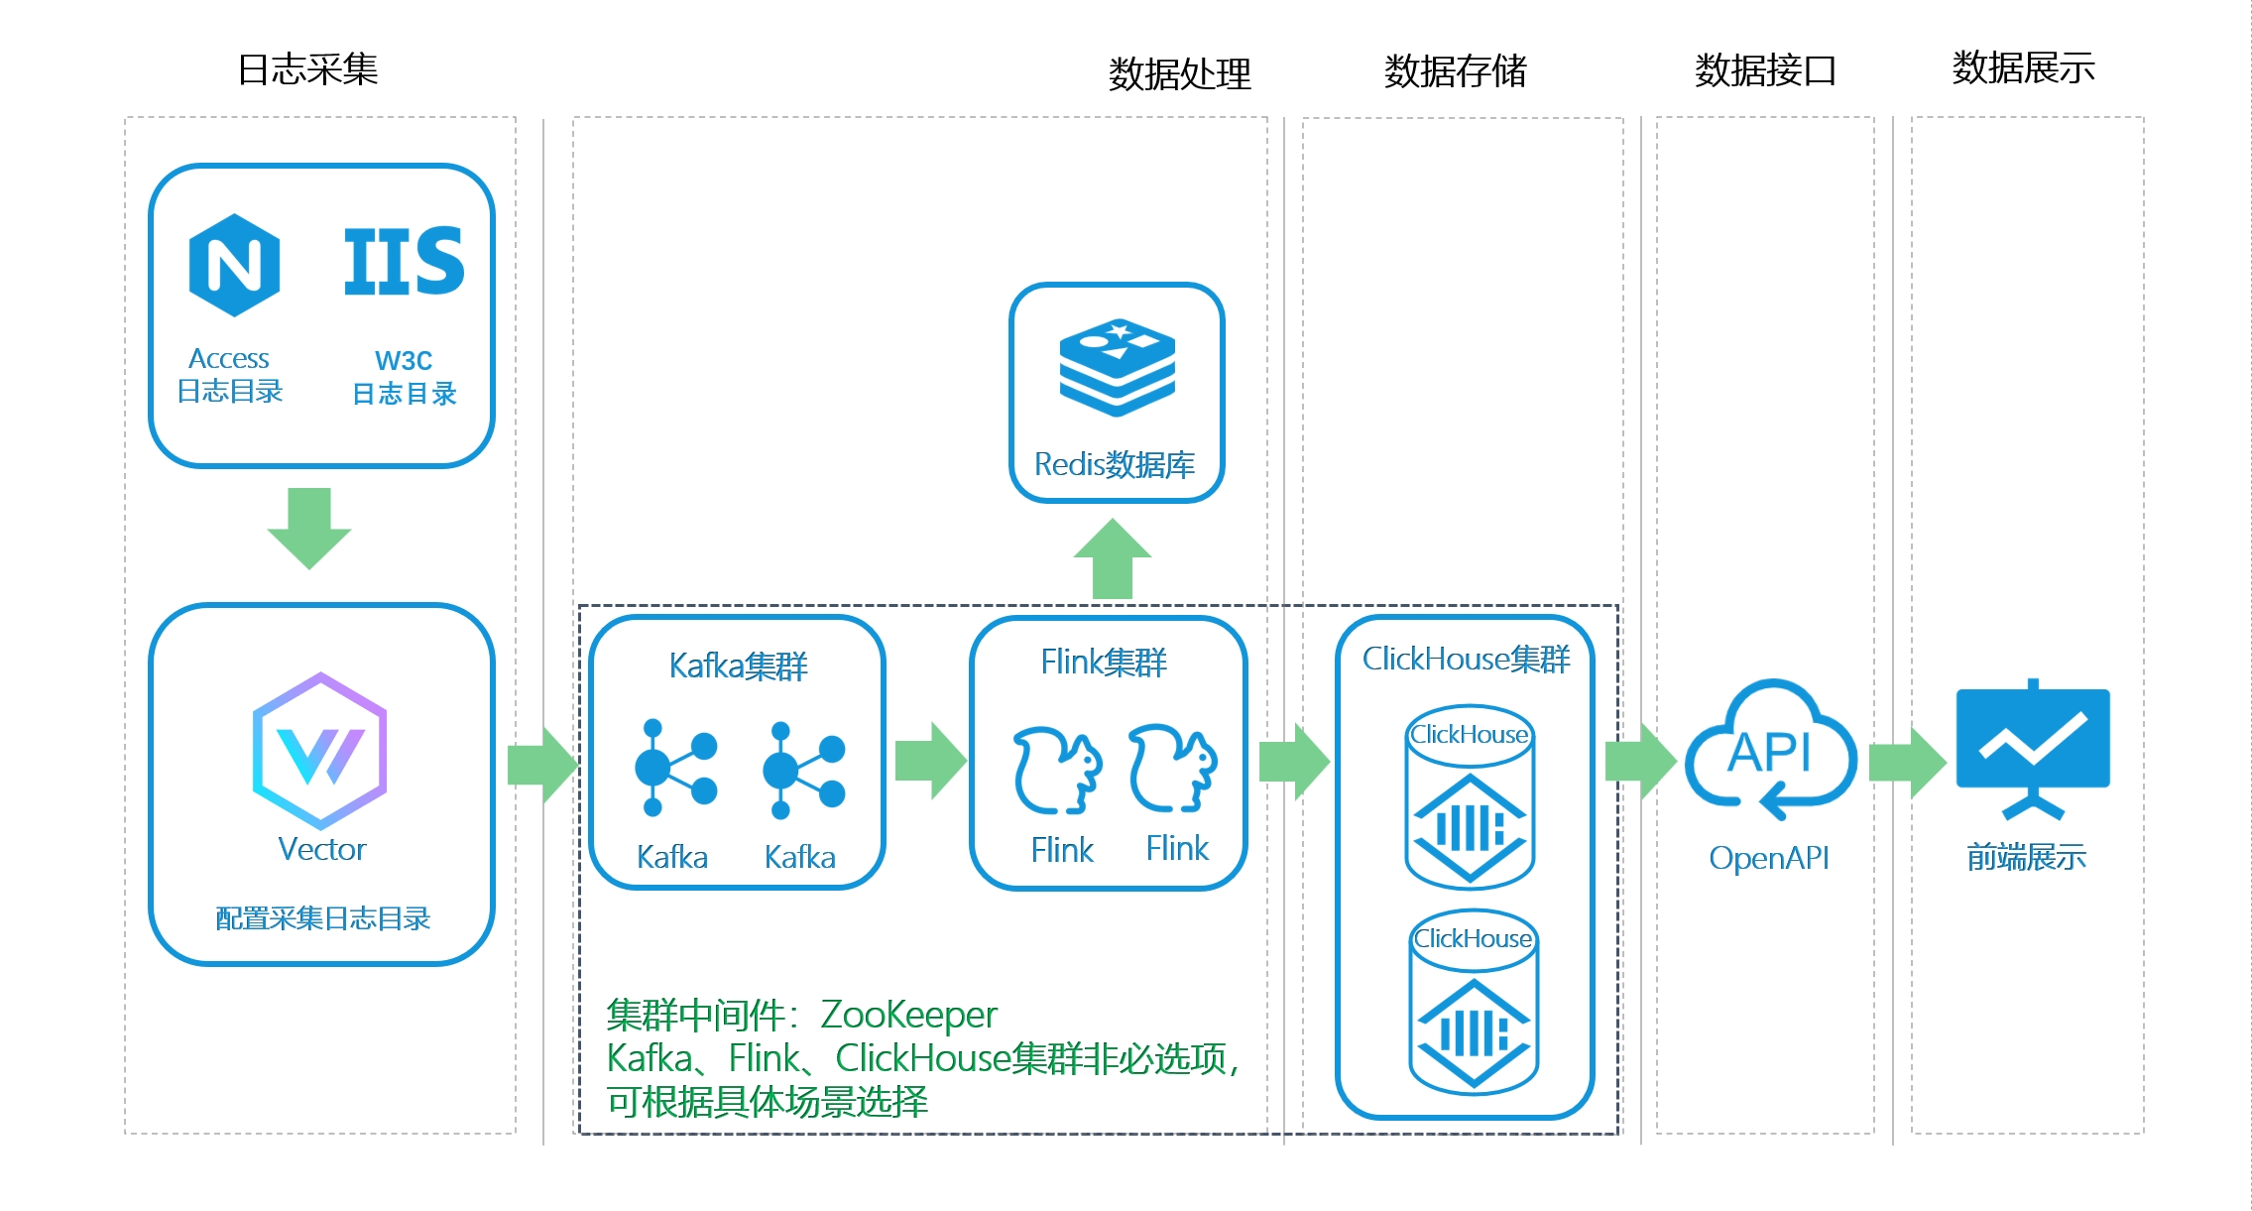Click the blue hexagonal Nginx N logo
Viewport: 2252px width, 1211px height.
coord(234,265)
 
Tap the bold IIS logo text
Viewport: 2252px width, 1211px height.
coord(404,262)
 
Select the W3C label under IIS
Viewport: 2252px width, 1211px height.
coord(404,360)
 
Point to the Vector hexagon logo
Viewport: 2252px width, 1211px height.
coord(319,751)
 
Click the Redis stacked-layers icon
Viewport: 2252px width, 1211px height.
coord(1117,367)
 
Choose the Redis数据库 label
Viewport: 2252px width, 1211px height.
coord(1115,464)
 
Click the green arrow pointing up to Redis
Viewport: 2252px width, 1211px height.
coord(1113,559)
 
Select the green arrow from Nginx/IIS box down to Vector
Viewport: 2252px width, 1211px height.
coord(309,528)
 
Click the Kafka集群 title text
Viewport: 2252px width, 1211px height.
coord(738,666)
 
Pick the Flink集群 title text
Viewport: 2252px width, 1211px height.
coord(1104,662)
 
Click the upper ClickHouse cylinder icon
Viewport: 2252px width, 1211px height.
coord(1471,796)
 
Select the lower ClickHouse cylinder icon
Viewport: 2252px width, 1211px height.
coord(1474,1002)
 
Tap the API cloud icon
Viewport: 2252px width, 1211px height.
coord(1771,750)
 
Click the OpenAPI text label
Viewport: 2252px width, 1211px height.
coord(1769,858)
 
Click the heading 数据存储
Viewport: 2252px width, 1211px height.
coord(1455,71)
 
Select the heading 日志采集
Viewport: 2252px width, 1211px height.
coord(307,69)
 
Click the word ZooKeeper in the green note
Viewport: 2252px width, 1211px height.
coord(908,1015)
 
